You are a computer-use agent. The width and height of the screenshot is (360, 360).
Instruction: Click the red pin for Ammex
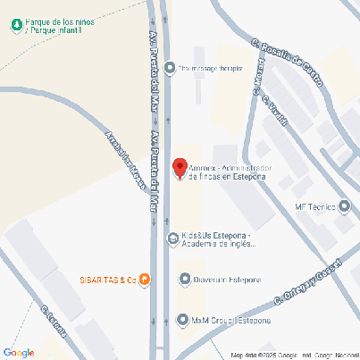[x=180, y=168]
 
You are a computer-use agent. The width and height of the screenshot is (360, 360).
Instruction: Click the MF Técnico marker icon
[x=345, y=207]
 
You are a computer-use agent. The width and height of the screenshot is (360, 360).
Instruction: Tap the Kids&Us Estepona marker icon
[x=172, y=239]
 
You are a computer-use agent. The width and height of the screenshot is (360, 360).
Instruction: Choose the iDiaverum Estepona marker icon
[x=185, y=280]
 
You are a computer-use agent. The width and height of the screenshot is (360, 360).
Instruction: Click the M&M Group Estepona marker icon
[x=183, y=319]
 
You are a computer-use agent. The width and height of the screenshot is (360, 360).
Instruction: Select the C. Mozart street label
[x=258, y=78]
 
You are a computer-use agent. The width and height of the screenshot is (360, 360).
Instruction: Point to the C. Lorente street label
[x=53, y=324]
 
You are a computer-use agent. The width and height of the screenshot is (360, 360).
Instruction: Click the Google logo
[x=18, y=352]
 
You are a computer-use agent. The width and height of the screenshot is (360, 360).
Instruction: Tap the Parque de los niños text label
[x=59, y=25]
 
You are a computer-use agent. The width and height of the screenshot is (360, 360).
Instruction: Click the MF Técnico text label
[x=314, y=207]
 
